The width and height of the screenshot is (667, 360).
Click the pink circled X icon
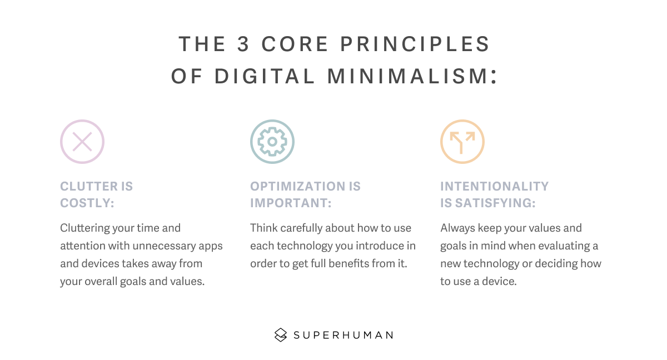[82, 142]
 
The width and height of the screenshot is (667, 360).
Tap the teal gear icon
[272, 142]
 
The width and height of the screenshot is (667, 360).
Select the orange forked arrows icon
[462, 142]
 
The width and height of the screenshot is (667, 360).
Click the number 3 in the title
[243, 44]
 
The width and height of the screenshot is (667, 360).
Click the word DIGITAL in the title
[265, 77]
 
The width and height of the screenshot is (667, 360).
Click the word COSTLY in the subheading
[87, 203]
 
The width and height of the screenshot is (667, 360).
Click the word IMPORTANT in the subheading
[290, 203]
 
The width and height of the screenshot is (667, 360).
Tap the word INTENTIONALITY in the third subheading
[494, 186]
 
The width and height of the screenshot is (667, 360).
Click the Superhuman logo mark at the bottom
[281, 334]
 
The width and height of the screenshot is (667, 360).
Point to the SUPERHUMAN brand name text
[343, 335]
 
